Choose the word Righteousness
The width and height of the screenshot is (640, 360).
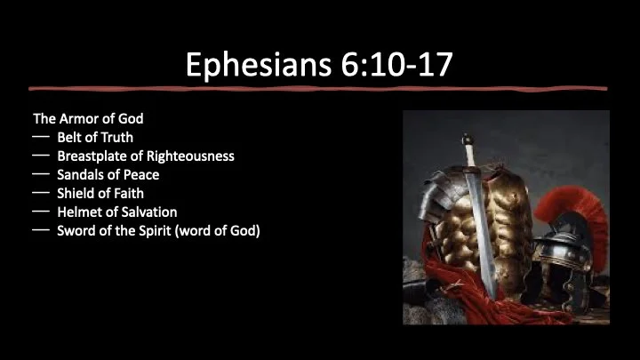[x=196, y=156]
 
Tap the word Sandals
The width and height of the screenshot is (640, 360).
[x=82, y=174]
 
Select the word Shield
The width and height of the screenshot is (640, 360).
[x=76, y=193]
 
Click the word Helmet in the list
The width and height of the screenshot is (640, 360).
[x=81, y=212]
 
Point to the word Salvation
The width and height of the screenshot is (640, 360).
[x=148, y=212]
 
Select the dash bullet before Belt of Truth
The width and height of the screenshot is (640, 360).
[x=40, y=137]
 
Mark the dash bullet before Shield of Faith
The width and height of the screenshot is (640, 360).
[x=40, y=193]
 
